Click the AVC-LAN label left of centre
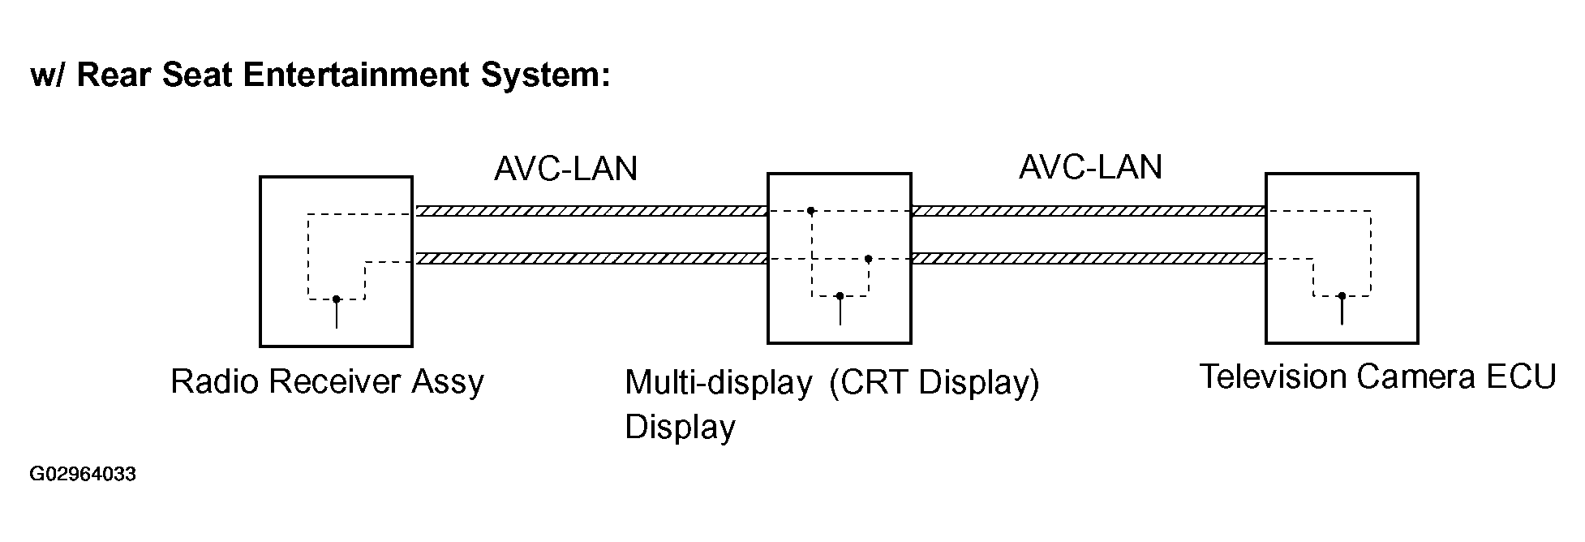(566, 169)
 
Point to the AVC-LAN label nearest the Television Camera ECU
(1090, 167)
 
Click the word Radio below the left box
(215, 381)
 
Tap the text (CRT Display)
(934, 383)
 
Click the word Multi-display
(719, 383)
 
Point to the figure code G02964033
(83, 474)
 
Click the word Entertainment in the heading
(356, 75)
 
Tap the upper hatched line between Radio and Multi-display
(591, 211)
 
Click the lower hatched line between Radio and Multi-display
(591, 259)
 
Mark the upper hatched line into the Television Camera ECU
(1089, 211)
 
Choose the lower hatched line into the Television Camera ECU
(1089, 259)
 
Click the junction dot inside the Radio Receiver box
(337, 299)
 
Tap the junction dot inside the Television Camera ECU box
(1342, 296)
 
